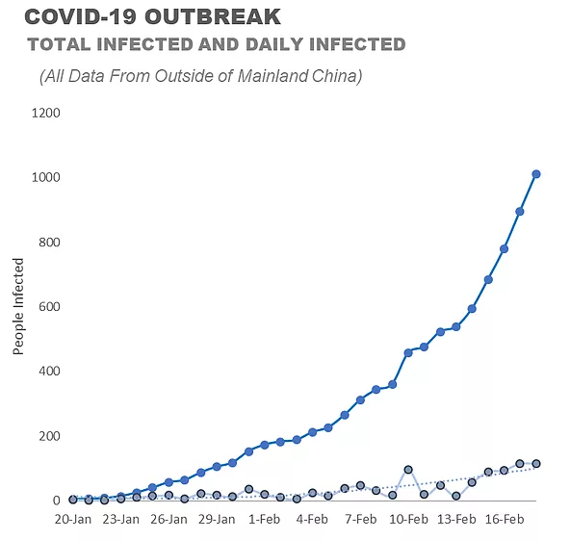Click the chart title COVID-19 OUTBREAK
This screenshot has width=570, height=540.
(153, 16)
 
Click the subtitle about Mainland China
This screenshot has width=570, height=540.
(200, 76)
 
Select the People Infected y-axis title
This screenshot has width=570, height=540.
(17, 306)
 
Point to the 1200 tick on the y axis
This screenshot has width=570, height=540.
(46, 113)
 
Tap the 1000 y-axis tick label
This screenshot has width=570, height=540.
(46, 177)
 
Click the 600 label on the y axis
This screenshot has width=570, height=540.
(49, 306)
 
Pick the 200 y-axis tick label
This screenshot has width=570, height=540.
(49, 436)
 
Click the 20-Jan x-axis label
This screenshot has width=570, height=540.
(73, 519)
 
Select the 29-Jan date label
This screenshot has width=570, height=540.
(217, 519)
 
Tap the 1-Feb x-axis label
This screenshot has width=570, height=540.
(264, 519)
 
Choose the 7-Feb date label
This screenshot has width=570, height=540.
(361, 519)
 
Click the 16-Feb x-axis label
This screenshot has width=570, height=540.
(505, 519)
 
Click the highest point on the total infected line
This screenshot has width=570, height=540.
(536, 174)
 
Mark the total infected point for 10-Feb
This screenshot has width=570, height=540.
(408, 352)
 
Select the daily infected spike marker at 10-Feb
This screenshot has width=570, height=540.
(408, 470)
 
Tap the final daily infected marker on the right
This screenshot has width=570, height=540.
(536, 463)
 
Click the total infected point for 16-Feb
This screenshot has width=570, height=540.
(505, 249)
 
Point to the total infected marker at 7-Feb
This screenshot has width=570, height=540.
(360, 400)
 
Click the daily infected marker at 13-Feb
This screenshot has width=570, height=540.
(456, 496)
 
